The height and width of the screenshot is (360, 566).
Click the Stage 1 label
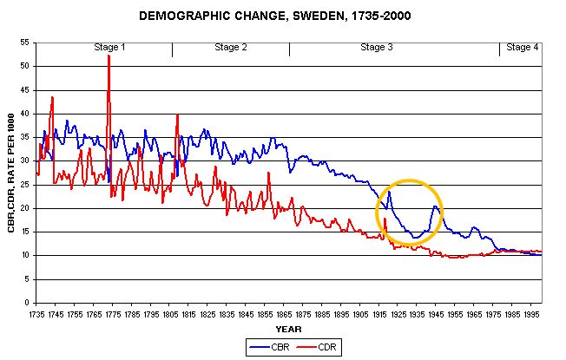pos(109,47)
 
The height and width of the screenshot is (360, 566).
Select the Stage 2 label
pos(231,47)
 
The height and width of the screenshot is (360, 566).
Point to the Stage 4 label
pos(522,47)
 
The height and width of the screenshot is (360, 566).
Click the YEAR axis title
pos(288,329)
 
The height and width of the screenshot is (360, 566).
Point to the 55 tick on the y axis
pos(25,43)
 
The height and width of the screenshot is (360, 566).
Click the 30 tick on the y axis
pos(25,161)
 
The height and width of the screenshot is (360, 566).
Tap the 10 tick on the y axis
pos(25,256)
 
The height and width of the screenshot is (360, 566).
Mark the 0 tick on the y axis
pos(28,304)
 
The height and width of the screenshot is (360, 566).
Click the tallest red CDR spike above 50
pos(109,56)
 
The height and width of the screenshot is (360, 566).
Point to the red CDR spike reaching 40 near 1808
pos(177,115)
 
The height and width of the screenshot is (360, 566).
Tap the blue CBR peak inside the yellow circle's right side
pos(435,206)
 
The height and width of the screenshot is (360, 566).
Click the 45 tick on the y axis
pos(25,90)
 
